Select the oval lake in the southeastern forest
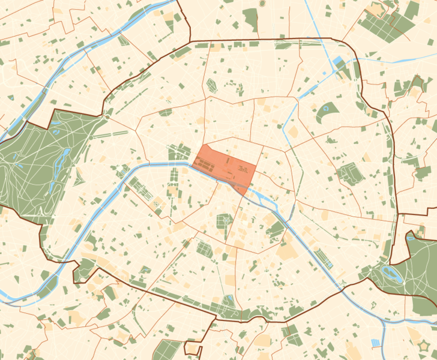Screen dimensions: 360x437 pos(391,274)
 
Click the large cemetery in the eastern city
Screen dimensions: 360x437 pos(348,175)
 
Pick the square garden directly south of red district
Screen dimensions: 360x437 pos(224,221)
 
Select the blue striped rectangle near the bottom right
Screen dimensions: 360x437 pos(376,343)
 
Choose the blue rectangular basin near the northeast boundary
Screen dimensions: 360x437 pos(338,61)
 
